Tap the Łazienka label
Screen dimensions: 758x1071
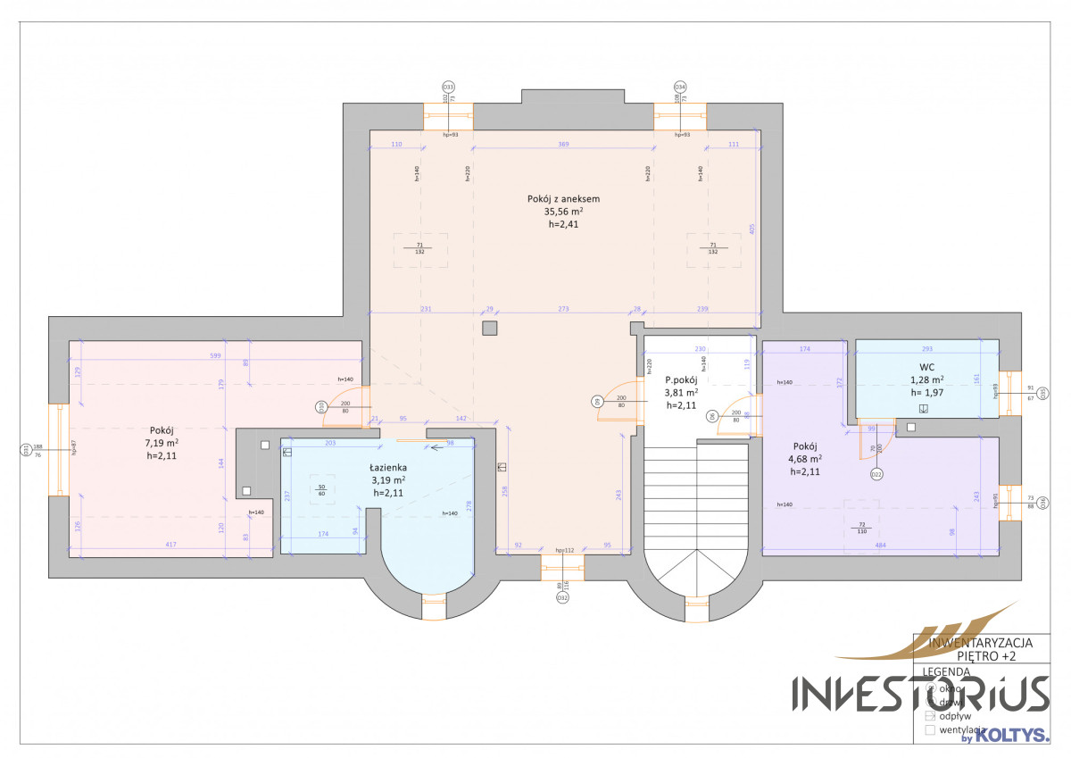pos(388,467)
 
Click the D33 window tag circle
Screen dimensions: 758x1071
pos(448,87)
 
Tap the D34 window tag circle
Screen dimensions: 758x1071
pos(680,87)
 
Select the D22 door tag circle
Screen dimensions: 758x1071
pos(876,473)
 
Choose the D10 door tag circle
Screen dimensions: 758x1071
pos(321,406)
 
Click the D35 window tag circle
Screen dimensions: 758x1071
pos(1043,392)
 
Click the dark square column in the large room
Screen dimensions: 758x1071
pos(489,328)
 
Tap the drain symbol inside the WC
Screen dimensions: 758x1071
pos(923,409)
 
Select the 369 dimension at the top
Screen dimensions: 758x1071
pos(563,144)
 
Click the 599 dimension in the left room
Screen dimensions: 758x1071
pos(214,356)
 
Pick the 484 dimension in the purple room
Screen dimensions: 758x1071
pos(880,544)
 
